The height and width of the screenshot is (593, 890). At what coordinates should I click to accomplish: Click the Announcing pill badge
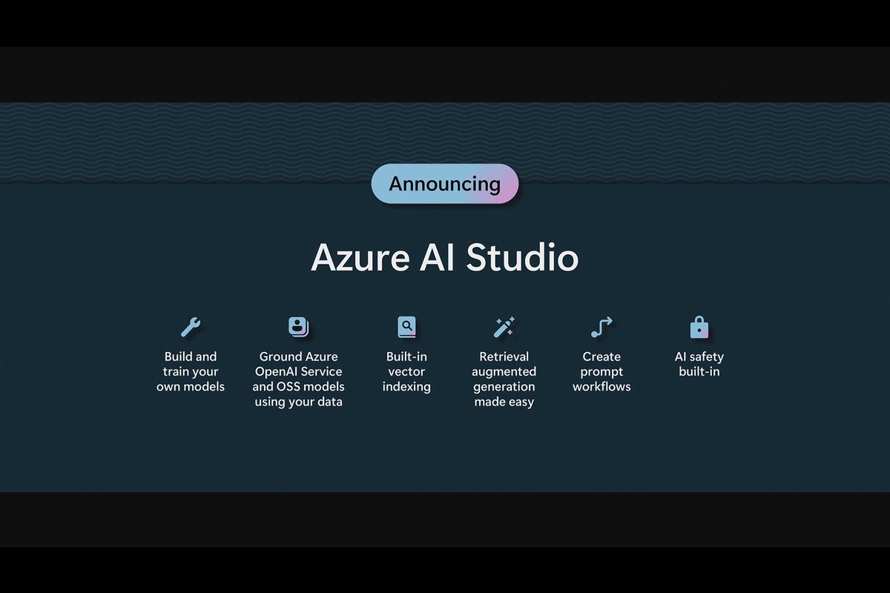(x=444, y=184)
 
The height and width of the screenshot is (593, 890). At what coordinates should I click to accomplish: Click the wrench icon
(x=191, y=326)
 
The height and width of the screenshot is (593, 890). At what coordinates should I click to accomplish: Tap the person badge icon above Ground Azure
(x=298, y=326)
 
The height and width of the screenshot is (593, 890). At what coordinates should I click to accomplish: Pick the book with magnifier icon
(x=406, y=326)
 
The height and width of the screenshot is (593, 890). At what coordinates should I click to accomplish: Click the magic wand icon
(x=504, y=326)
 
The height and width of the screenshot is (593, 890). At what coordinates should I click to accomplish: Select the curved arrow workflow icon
(x=601, y=326)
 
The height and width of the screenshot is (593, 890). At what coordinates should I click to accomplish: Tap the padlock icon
(x=699, y=326)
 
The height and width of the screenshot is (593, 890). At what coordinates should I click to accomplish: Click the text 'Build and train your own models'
(x=191, y=371)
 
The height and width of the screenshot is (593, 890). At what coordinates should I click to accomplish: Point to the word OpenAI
(x=278, y=371)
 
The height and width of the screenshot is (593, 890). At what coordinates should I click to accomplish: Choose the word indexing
(x=406, y=386)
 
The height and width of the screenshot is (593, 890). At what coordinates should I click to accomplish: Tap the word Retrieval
(x=504, y=357)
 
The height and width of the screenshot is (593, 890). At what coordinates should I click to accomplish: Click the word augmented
(x=504, y=371)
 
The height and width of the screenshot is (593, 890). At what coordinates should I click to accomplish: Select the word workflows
(x=601, y=386)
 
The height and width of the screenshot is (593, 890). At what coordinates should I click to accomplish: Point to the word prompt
(x=601, y=371)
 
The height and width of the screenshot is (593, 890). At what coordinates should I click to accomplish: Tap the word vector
(x=406, y=371)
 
